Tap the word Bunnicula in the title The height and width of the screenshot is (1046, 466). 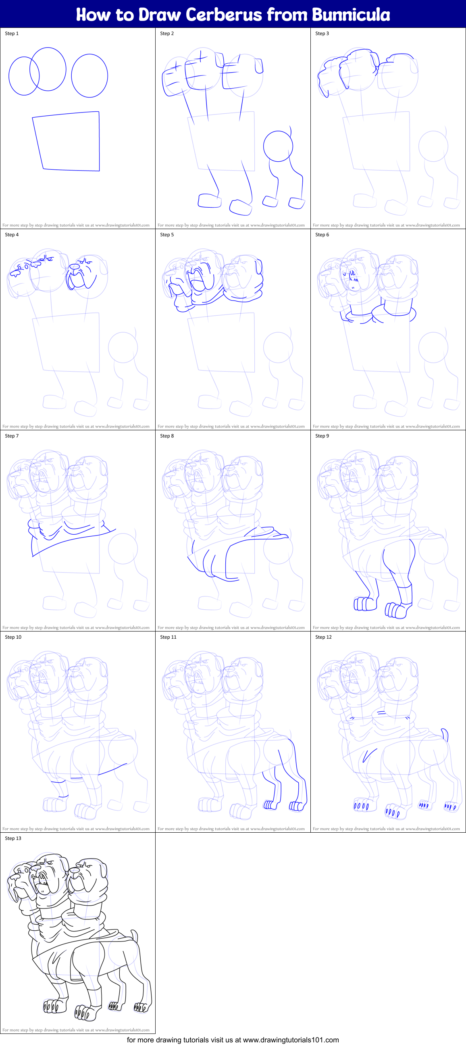click(x=351, y=15)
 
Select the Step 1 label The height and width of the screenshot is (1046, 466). click(x=12, y=33)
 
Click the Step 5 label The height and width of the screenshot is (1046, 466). click(x=167, y=235)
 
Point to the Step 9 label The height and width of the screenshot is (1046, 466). click(x=322, y=435)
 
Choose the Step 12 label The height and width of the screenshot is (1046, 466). click(x=323, y=637)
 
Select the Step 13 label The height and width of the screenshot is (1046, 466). click(x=13, y=838)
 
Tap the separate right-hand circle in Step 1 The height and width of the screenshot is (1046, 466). click(x=89, y=75)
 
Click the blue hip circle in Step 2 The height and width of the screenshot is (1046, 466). click(x=278, y=146)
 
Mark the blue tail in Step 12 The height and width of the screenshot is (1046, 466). click(x=445, y=735)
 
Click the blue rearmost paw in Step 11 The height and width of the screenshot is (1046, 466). click(x=297, y=806)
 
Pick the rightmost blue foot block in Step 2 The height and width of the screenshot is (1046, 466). click(x=297, y=202)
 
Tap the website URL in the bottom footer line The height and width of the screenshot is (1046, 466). click(x=291, y=1040)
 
